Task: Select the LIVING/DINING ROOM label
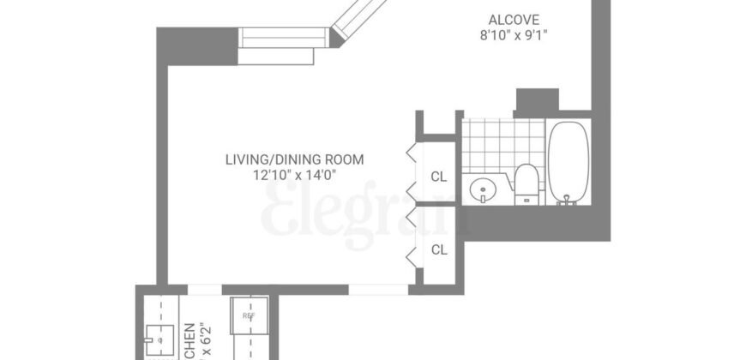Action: coord(294,159)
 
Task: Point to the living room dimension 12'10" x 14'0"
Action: coord(294,175)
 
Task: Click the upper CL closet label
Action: coord(439,177)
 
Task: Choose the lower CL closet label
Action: coord(439,250)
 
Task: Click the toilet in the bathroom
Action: coord(526,184)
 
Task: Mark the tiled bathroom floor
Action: coord(502,141)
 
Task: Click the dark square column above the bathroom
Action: coord(537,101)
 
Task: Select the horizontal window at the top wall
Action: coord(283,39)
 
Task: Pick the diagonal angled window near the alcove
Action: coord(355,19)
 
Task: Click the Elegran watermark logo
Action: coord(364,214)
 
